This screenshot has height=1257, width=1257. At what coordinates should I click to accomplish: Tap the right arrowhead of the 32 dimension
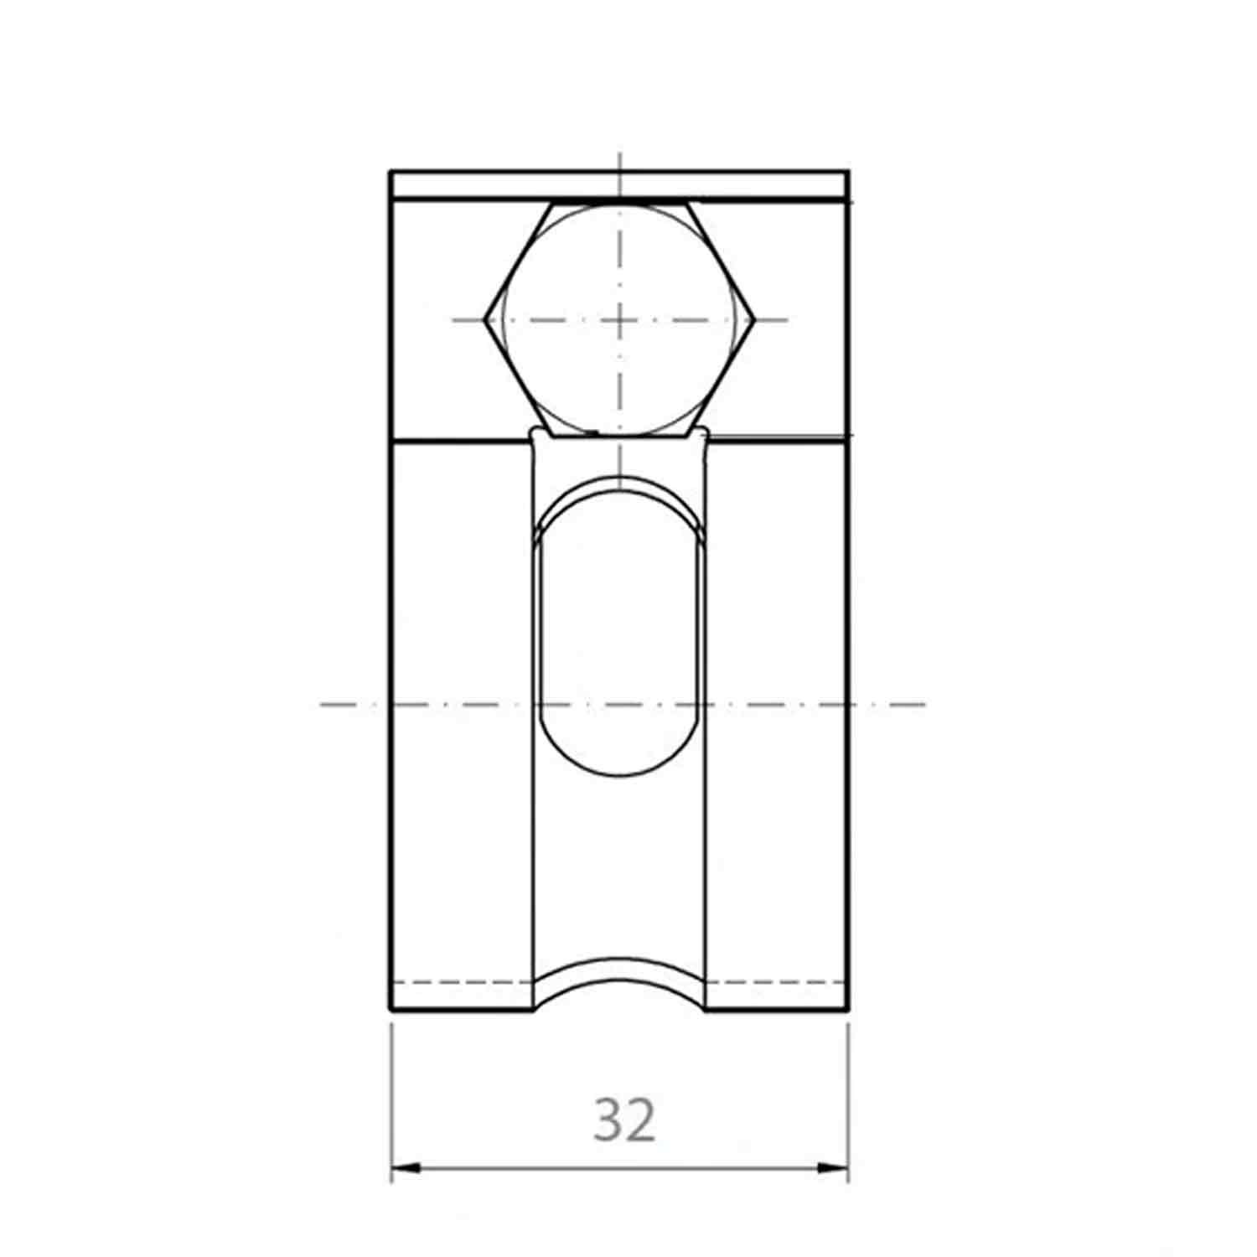835,1166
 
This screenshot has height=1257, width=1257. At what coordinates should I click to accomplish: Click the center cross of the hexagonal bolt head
619,319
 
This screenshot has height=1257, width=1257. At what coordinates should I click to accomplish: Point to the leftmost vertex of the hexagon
484,319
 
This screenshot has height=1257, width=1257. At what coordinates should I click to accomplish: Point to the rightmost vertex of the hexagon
755,319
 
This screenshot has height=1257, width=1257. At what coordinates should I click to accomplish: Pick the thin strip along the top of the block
620,185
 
